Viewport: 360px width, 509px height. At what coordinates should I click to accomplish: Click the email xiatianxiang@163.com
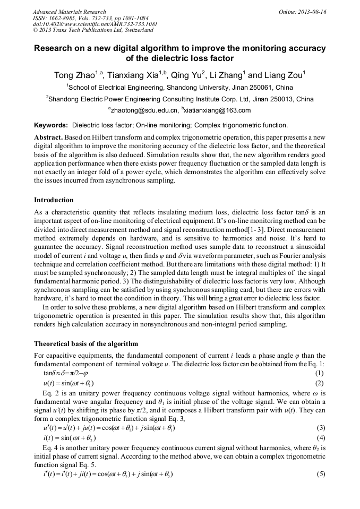(217, 110)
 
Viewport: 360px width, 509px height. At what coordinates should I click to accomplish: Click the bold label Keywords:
(51, 125)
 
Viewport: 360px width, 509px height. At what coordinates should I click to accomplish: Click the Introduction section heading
(54, 200)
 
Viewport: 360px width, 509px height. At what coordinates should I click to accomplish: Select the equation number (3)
(320, 427)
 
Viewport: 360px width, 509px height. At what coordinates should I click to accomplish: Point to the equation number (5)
(320, 473)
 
